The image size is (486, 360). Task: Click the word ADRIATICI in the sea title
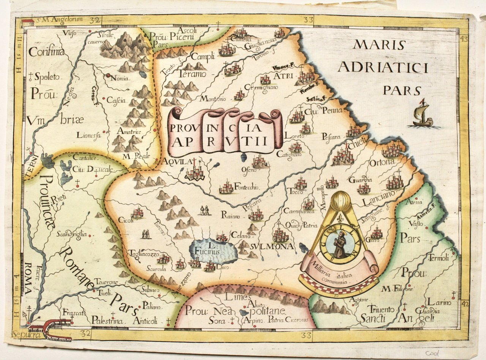pyautogui.click(x=383, y=68)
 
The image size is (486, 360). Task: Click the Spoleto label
pyautogui.click(x=47, y=77)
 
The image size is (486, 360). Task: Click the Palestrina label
pyautogui.click(x=107, y=321)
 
